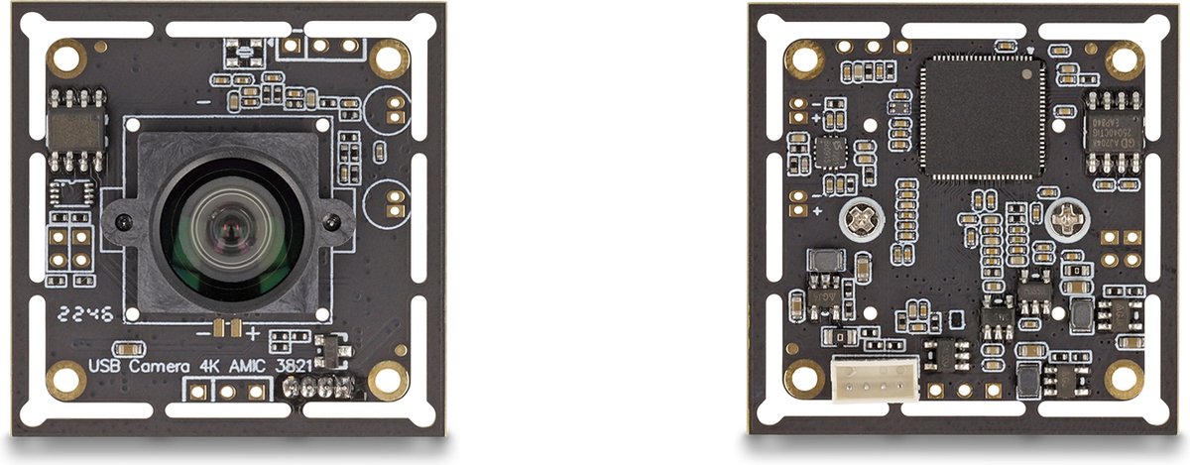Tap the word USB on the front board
tap(105, 366)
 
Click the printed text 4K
tap(208, 366)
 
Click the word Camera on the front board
tap(157, 366)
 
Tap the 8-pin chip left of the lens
tap(75, 127)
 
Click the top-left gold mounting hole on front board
tap(67, 58)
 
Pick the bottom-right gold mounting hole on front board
tap(388, 379)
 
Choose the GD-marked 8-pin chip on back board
tap(1114, 129)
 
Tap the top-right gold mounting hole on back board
tap(1125, 59)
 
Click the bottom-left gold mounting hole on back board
tap(803, 379)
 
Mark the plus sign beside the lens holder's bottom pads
tap(253, 332)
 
